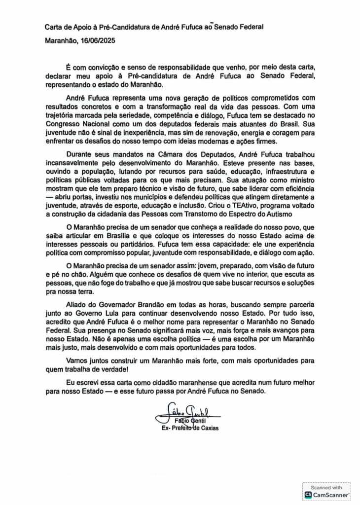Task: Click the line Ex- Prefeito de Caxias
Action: [x=190, y=428]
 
